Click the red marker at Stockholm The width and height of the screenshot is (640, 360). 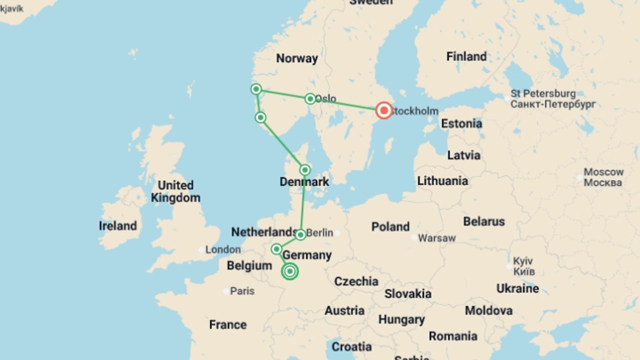click(384, 110)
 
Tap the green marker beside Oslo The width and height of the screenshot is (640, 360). click(310, 99)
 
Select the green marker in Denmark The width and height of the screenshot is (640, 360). click(305, 170)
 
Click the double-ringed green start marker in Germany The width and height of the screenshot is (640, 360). click(290, 271)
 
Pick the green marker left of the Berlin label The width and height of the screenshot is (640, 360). click(300, 235)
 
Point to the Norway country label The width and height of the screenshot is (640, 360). click(297, 58)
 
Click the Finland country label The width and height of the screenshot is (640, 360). click(466, 57)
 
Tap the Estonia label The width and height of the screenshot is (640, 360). click(461, 124)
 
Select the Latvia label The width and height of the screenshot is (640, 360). click(464, 155)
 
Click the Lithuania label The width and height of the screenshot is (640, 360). click(443, 181)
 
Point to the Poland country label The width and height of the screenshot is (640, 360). click(390, 227)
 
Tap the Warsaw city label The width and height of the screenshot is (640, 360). click(437, 238)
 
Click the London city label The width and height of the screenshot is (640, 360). click(223, 249)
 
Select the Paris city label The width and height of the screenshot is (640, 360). click(242, 291)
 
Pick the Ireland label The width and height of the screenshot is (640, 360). click(118, 226)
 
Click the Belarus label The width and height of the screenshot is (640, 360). click(484, 221)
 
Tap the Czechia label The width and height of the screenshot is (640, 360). click(356, 281)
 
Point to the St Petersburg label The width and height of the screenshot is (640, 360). click(543, 94)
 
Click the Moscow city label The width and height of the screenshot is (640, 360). click(603, 172)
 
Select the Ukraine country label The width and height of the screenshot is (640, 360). click(517, 288)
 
